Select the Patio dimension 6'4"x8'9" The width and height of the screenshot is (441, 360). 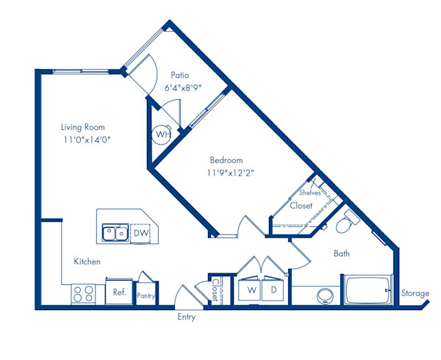coord(182,87)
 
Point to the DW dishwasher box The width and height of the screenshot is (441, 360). coord(141,233)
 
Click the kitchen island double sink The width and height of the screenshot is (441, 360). coord(115,234)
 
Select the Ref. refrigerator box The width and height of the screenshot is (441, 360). coord(119,292)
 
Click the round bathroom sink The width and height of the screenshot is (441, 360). coord(324,296)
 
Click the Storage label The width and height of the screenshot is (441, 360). coord(415,294)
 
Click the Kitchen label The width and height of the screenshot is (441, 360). coord(87,262)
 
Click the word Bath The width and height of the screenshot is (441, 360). coord(342,253)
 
